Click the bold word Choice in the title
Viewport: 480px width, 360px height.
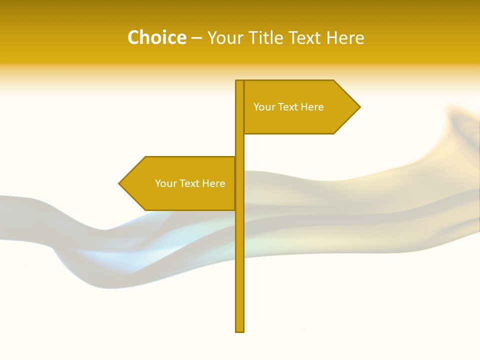tap(156, 38)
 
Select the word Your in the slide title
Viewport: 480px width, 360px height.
tap(224, 38)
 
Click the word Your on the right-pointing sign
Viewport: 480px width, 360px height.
tap(264, 107)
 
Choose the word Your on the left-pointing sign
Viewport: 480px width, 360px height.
tap(165, 183)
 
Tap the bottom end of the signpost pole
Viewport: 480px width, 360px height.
tap(240, 330)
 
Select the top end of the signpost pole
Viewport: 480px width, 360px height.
tap(240, 81)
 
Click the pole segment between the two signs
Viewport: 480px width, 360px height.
tap(240, 145)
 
